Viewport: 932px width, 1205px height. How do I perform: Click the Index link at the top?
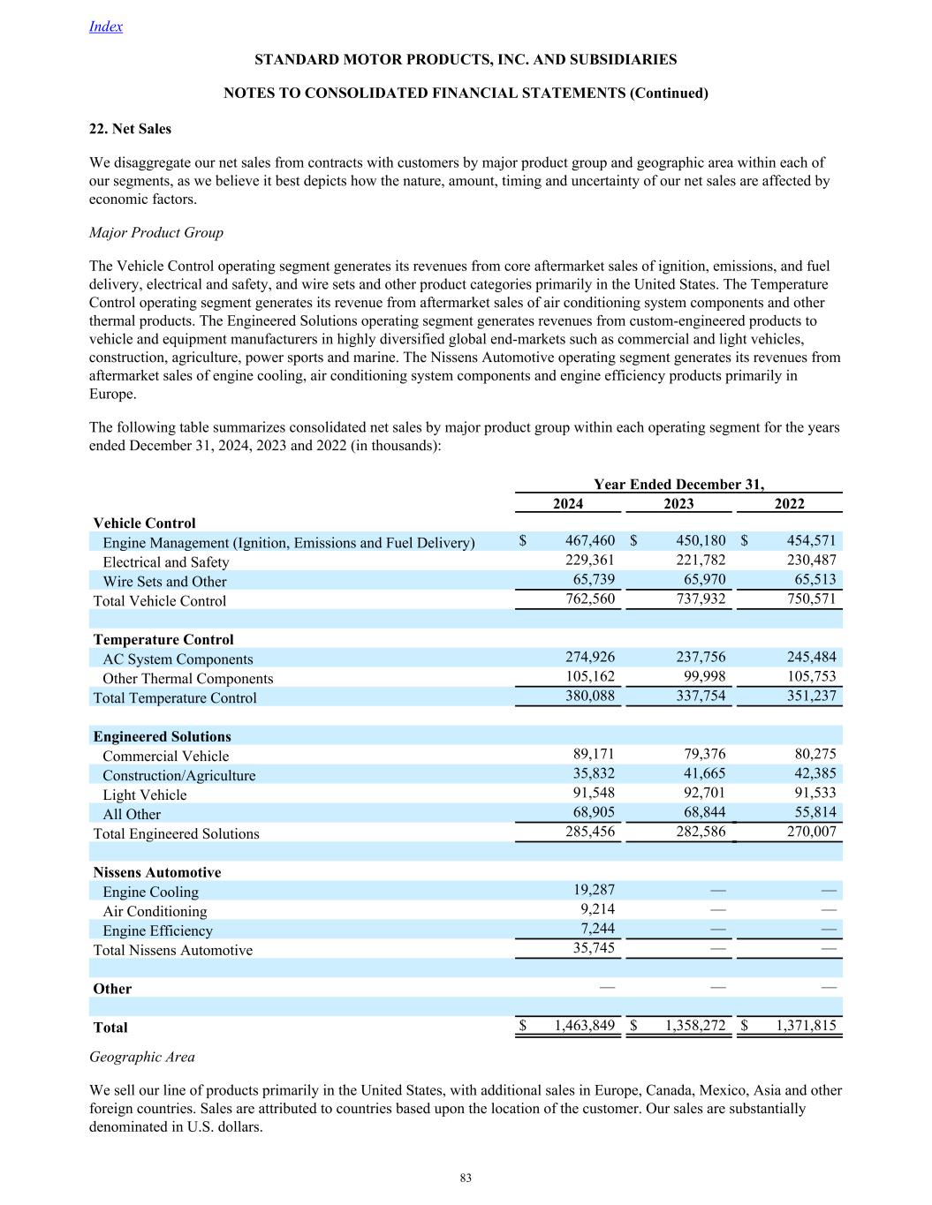click(x=106, y=26)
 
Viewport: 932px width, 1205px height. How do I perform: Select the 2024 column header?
click(x=568, y=504)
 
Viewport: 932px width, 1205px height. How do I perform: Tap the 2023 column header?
click(x=678, y=504)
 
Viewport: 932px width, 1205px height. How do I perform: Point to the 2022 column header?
click(x=789, y=504)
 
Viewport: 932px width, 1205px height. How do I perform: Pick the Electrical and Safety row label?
click(x=165, y=562)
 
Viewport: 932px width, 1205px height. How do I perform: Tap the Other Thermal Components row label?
click(x=187, y=679)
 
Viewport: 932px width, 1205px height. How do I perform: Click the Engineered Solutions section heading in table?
click(x=162, y=736)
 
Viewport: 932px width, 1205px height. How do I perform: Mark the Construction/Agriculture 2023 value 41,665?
click(x=701, y=773)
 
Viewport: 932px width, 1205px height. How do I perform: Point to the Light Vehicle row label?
click(x=144, y=795)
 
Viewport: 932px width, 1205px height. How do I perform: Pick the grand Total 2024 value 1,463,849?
click(x=584, y=1026)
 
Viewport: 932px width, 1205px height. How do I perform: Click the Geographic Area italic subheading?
click(x=142, y=1057)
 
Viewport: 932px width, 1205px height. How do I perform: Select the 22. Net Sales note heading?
click(x=131, y=129)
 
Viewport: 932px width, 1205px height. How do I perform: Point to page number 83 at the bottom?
click(x=466, y=1179)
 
